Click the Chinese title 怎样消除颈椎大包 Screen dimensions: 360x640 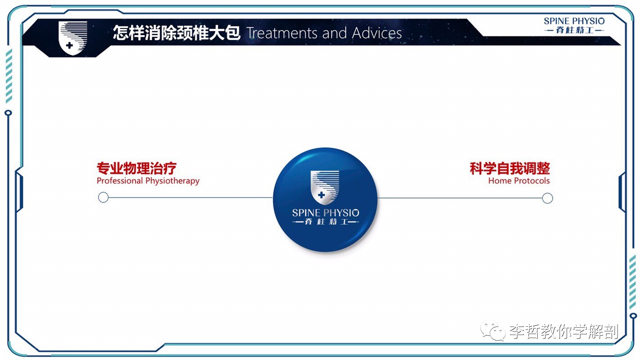coord(176,33)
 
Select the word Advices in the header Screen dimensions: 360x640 coord(377,33)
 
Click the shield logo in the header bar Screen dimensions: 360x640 coord(72,38)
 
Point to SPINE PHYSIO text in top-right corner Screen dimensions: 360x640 coord(574,21)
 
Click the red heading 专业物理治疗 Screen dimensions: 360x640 coord(136,169)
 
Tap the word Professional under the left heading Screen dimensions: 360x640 coord(120,181)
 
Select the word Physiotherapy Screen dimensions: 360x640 coord(172,181)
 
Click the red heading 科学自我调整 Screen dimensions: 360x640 coord(510,169)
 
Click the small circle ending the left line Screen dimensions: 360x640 coord(103,198)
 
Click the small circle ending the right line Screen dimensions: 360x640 coord(547,198)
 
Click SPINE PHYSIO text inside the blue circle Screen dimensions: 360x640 coord(325,213)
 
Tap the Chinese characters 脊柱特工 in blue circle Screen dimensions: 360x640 coord(325,222)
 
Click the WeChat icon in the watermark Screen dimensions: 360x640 coord(492,332)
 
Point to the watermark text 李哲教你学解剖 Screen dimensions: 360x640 coord(563,332)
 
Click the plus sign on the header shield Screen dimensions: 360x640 coord(69,45)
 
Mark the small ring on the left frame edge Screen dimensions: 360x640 coord(8,113)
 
